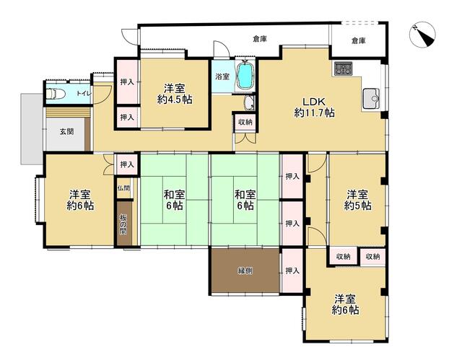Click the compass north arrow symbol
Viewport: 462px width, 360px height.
click(422, 36)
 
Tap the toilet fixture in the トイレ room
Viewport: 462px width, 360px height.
click(56, 94)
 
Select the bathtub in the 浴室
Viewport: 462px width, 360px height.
click(245, 76)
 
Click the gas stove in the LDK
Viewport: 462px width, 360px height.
click(344, 69)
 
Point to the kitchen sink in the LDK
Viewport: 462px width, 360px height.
click(371, 98)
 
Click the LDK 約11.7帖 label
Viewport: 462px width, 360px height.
click(315, 107)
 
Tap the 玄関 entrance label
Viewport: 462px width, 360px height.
click(67, 131)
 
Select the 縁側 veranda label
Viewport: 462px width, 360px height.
click(245, 271)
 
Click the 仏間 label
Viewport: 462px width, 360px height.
click(123, 188)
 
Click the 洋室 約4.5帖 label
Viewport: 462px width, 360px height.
click(175, 94)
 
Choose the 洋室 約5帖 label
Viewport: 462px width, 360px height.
click(357, 200)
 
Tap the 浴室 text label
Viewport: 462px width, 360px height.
click(222, 76)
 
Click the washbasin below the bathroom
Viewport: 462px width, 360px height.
click(250, 102)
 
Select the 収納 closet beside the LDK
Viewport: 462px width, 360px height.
click(245, 122)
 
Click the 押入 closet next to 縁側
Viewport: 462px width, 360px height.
click(292, 271)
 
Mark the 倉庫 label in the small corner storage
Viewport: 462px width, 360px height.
click(358, 40)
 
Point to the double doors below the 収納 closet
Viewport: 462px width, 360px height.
click(245, 139)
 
